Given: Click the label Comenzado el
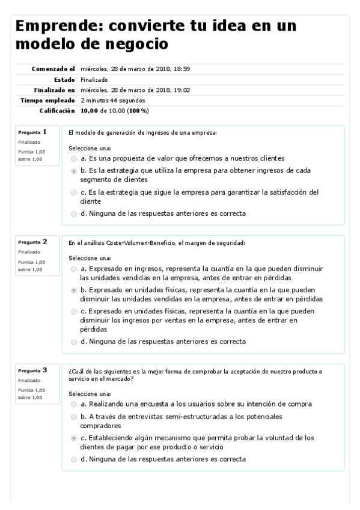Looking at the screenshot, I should pos(53,69).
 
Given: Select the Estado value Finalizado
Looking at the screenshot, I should pos(94,79).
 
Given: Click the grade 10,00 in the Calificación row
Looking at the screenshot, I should pos(90,111).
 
